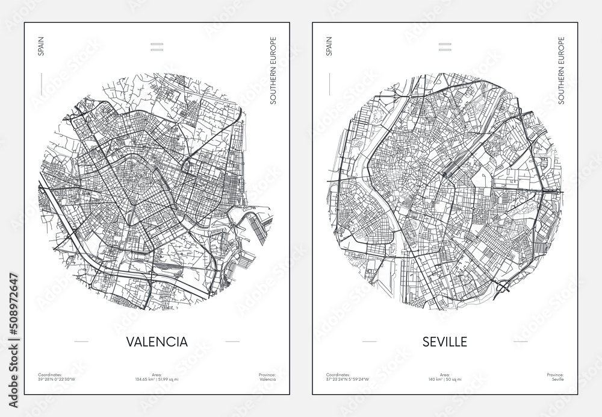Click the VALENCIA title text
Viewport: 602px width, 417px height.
[x=157, y=342]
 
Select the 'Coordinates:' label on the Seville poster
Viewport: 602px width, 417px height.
[x=336, y=375]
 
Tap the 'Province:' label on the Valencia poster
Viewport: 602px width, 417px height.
[x=265, y=375]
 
